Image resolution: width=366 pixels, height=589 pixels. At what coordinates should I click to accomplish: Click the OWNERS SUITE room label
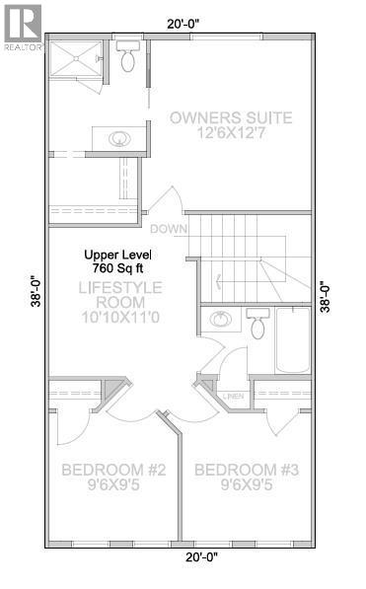231,118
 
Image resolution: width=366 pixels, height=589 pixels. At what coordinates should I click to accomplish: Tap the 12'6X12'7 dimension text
231,137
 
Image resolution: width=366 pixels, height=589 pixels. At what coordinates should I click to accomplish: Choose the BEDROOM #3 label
246,470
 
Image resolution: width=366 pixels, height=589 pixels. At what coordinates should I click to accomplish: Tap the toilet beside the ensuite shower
128,58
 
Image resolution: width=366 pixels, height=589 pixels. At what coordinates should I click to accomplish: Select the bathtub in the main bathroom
293,340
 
